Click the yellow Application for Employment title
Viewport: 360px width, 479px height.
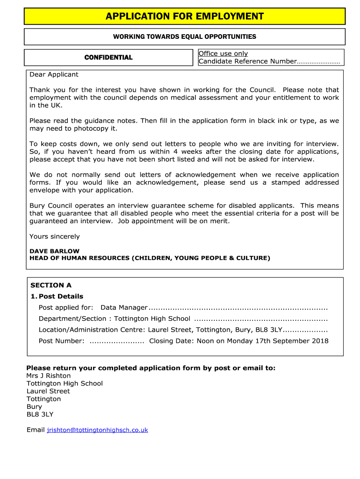point(184,17)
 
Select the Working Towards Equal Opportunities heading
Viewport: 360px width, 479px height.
point(184,36)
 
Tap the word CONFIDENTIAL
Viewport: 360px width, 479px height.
point(108,58)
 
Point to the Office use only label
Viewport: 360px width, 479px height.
point(223,54)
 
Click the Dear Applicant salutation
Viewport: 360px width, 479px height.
point(54,74)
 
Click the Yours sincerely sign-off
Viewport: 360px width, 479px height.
point(54,236)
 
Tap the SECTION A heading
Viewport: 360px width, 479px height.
point(50,285)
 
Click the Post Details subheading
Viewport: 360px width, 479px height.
point(61,296)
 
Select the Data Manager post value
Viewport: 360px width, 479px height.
point(124,307)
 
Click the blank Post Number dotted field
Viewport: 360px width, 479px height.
point(116,341)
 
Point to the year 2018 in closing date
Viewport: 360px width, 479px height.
point(320,341)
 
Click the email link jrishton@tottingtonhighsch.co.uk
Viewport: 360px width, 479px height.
point(97,430)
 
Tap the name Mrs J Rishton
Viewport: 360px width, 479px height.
point(48,376)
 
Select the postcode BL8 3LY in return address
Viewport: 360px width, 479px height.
point(40,414)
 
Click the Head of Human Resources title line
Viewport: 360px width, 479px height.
point(150,258)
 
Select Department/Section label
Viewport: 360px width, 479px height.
point(72,319)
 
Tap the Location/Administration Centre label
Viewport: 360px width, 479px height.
point(92,330)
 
